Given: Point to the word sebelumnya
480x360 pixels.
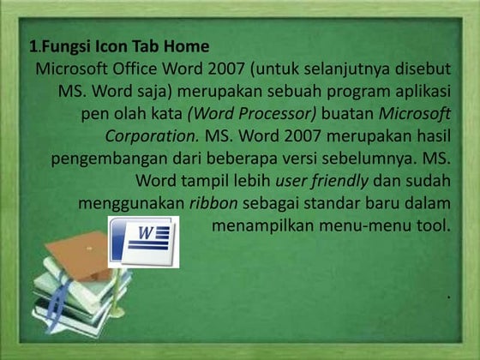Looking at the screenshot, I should (376, 159).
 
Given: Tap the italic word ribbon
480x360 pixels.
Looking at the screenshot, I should (213, 204).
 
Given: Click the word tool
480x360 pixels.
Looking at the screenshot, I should (434, 227).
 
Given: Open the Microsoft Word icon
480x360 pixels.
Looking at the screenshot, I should (141, 241).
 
